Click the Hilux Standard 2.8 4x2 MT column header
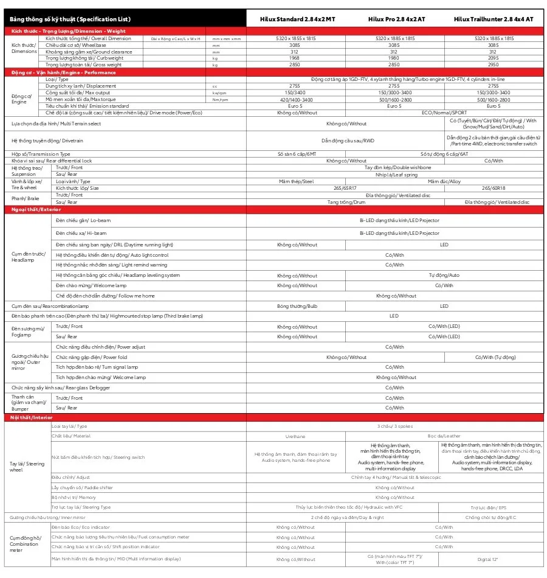point(296,19)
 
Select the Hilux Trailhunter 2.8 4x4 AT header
point(494,19)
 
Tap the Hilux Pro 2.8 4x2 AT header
point(396,19)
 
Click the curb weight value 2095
point(494,58)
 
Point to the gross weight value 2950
point(494,64)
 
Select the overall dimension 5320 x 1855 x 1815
point(296,38)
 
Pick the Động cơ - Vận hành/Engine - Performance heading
point(63,72)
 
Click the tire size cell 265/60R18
point(494,188)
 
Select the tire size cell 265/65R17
point(345,188)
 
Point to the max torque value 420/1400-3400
point(296,99)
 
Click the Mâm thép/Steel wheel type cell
point(296,181)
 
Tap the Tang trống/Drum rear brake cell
point(345,202)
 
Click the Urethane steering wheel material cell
point(296,436)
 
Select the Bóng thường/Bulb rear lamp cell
point(296,306)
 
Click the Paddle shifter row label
point(82,488)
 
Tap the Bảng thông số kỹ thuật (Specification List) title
point(70,19)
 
